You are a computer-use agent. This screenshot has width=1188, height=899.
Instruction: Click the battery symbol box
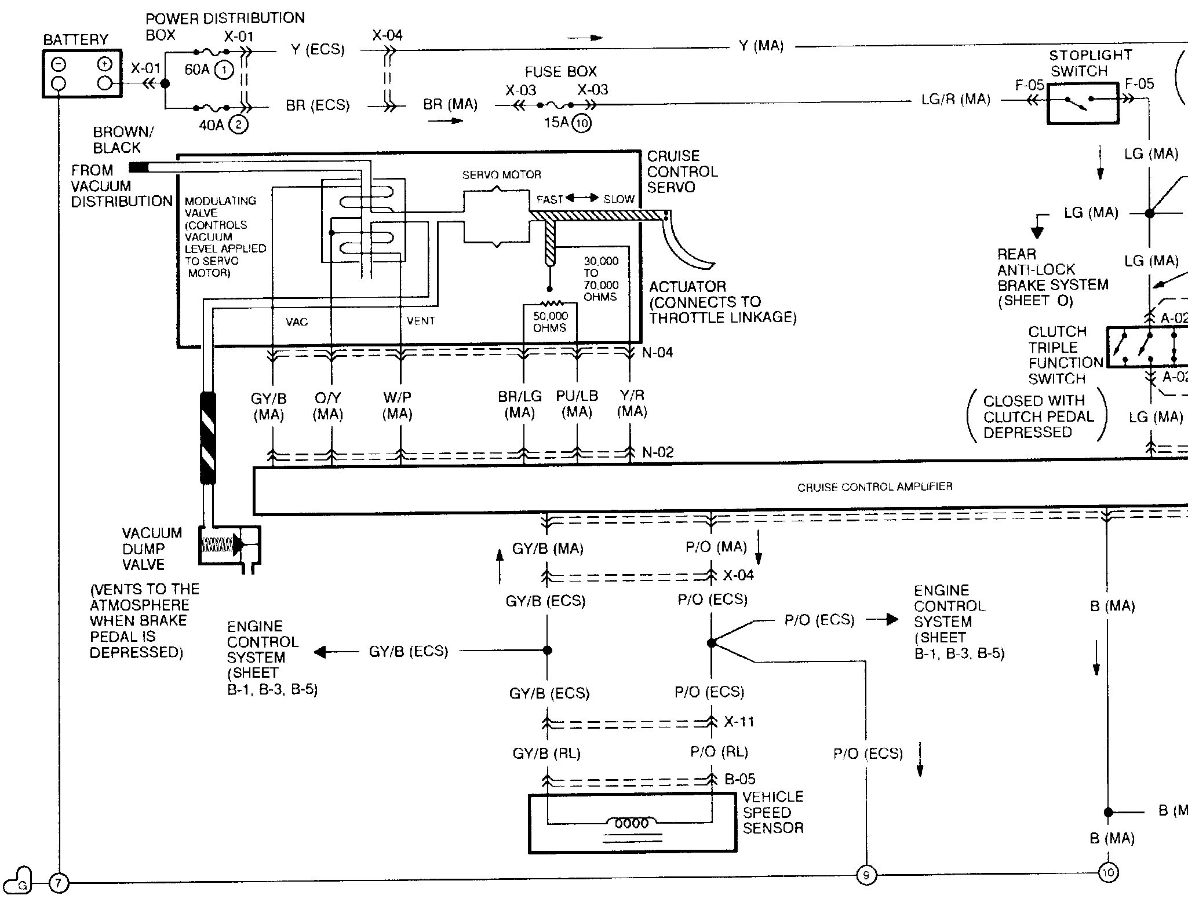click(x=82, y=73)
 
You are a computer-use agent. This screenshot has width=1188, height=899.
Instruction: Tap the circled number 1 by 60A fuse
click(x=224, y=70)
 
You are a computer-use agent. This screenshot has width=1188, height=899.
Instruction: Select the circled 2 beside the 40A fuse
click(x=238, y=125)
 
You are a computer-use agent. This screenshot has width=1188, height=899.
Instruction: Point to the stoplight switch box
click(x=1083, y=103)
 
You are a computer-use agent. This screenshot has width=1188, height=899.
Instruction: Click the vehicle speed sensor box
click(x=632, y=823)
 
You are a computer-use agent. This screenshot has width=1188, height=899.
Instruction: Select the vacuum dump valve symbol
click(x=229, y=545)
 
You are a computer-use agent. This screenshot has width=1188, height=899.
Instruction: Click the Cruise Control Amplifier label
click(x=874, y=487)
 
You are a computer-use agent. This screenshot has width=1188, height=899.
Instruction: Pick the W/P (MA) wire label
click(x=398, y=406)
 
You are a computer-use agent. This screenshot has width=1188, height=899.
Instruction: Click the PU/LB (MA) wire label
click(x=577, y=404)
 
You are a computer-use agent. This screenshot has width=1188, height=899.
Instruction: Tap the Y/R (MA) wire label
click(x=632, y=403)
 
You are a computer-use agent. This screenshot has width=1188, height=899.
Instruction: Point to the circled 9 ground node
click(x=866, y=875)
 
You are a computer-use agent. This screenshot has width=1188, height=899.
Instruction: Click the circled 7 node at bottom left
click(x=58, y=883)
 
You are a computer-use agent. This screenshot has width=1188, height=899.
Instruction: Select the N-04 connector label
click(x=657, y=352)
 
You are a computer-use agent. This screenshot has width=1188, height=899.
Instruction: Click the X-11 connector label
click(x=739, y=722)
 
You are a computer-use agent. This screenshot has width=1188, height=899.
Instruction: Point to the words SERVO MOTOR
click(x=501, y=174)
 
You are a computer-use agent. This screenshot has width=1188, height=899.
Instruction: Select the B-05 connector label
click(x=740, y=779)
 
